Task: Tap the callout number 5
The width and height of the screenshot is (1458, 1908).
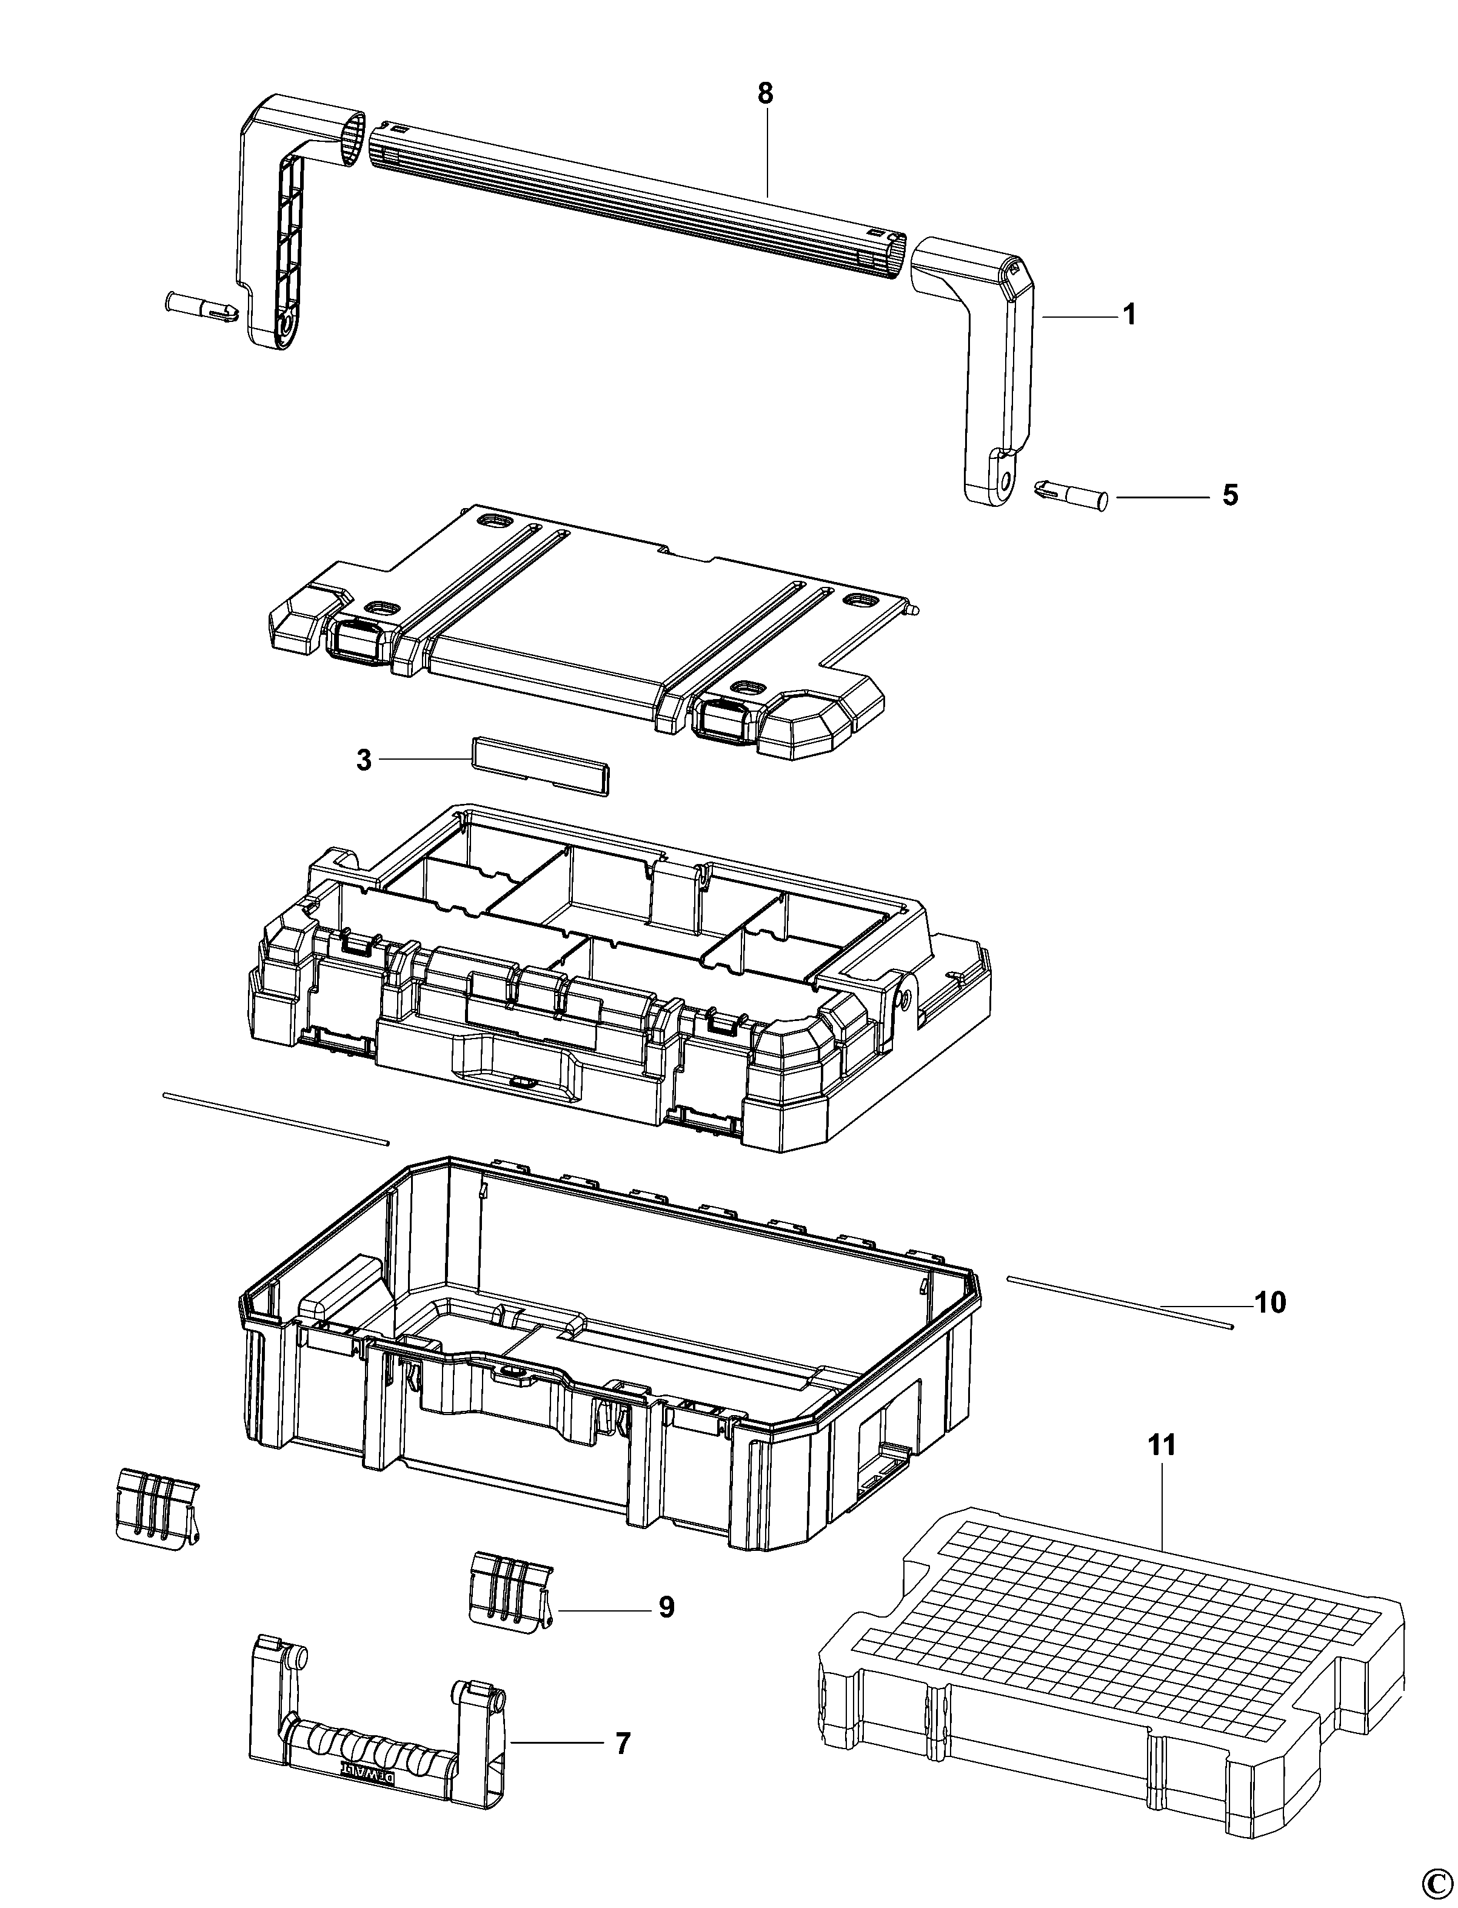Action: (x=1230, y=496)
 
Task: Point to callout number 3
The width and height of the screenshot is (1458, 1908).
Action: (x=364, y=760)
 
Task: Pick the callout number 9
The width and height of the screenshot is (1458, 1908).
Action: (x=666, y=1608)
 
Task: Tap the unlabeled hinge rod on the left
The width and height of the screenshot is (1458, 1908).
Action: (x=276, y=1119)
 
